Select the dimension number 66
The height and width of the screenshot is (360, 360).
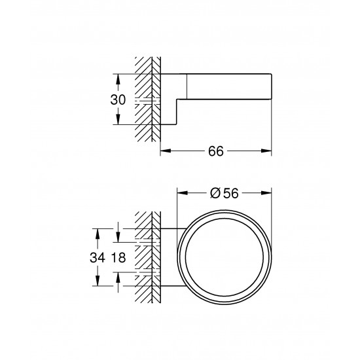click(216, 151)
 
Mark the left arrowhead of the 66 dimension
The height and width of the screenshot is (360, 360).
click(164, 151)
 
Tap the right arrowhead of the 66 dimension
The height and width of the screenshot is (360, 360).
click(268, 151)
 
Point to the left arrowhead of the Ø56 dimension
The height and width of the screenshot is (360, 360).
click(181, 192)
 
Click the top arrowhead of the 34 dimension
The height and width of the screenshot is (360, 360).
click(98, 231)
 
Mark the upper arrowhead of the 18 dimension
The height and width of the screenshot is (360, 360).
click(118, 240)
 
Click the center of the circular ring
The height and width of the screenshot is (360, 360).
click(224, 257)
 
